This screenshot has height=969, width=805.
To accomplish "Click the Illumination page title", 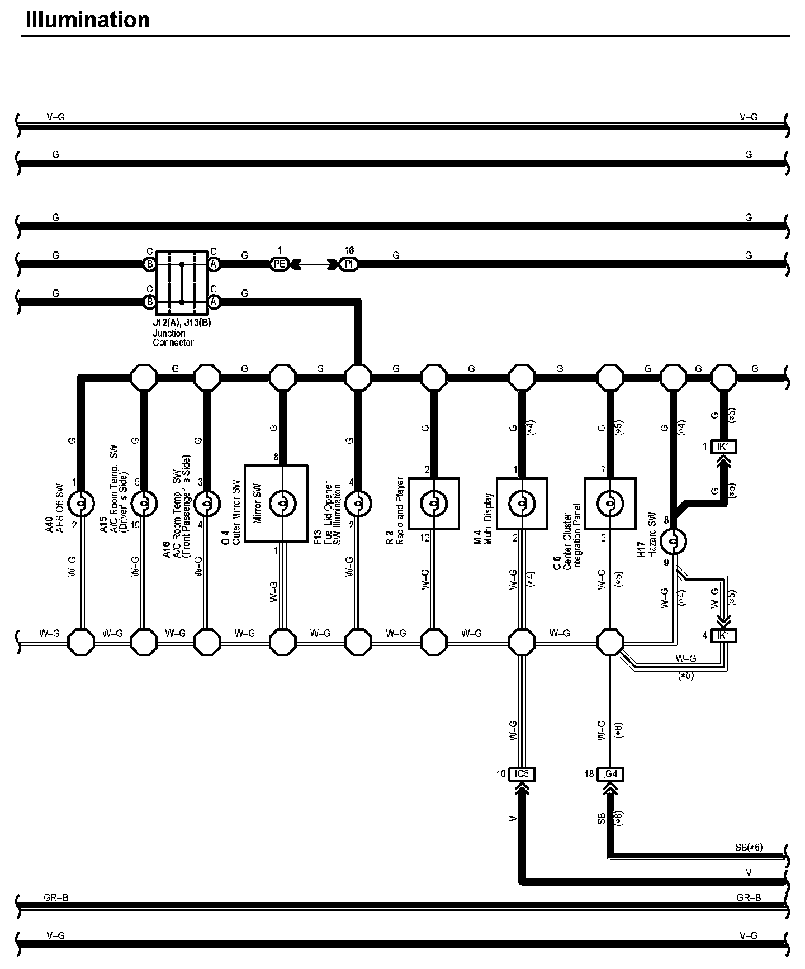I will click(88, 20).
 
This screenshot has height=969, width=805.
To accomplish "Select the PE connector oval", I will click(280, 264).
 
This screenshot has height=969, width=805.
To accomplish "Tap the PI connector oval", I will click(348, 264).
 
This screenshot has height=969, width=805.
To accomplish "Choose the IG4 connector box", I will click(610, 774).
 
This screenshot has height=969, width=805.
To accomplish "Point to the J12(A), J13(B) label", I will click(182, 323).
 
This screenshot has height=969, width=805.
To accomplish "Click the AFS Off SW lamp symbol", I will click(80, 503).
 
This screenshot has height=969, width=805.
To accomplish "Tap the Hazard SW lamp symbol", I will click(673, 541).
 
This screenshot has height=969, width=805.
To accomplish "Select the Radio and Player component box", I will click(434, 503).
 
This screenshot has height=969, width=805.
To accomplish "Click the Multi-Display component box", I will click(522, 503).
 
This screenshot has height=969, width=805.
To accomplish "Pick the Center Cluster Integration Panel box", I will click(610, 503).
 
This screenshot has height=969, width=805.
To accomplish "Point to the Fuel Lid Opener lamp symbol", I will click(358, 503).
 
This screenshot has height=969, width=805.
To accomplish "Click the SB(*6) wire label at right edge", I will click(749, 848).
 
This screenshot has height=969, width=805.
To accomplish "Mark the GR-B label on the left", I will click(55, 899).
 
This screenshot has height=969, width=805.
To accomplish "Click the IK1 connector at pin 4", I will click(724, 635).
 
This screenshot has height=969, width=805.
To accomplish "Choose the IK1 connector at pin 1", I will click(724, 447).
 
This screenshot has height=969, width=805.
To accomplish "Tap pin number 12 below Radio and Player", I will click(425, 538).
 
